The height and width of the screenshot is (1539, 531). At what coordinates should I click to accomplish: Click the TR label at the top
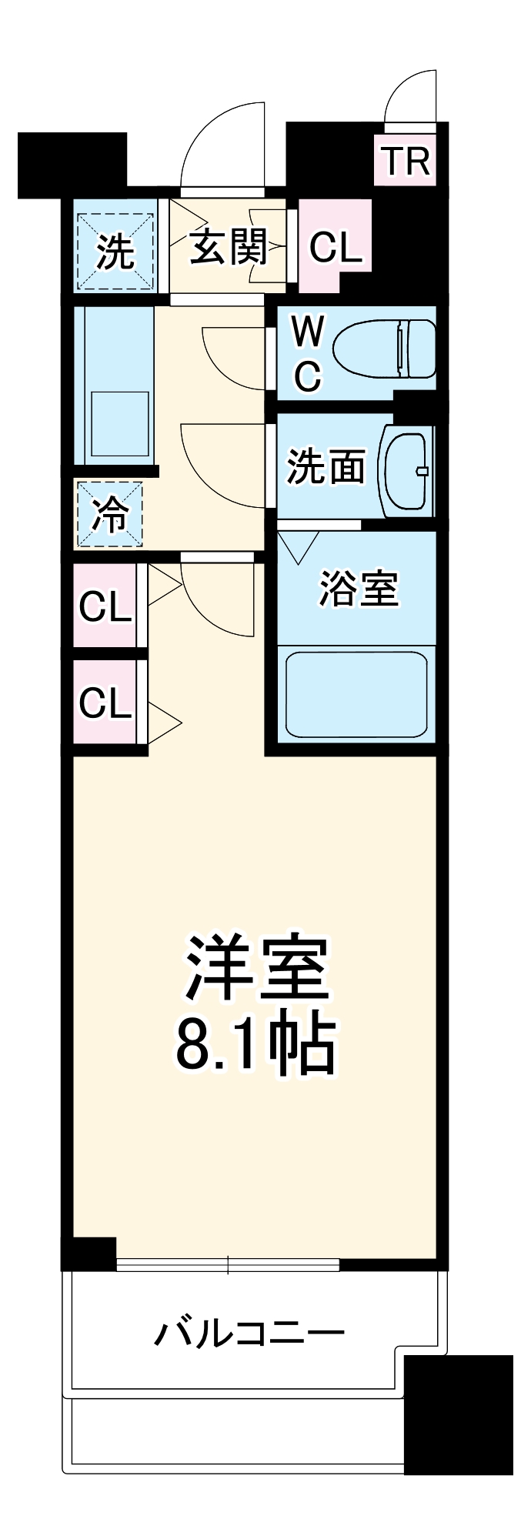(x=406, y=162)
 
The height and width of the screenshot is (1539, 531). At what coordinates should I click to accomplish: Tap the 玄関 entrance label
(x=229, y=247)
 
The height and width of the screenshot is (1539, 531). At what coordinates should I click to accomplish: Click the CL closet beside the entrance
(x=335, y=247)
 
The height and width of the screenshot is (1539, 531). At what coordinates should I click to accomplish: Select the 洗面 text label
(x=326, y=466)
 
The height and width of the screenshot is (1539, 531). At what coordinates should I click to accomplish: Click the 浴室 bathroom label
(x=358, y=588)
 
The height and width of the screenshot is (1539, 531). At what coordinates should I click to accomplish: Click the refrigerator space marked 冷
(x=109, y=514)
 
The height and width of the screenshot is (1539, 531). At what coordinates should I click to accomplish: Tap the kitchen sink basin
(x=119, y=423)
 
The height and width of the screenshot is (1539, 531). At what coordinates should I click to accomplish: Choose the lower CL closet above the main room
(x=105, y=702)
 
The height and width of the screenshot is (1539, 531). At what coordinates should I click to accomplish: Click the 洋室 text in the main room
(x=256, y=967)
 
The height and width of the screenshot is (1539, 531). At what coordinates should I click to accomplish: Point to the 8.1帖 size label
(x=256, y=1047)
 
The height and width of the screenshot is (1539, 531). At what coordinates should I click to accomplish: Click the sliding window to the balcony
(x=228, y=1264)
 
